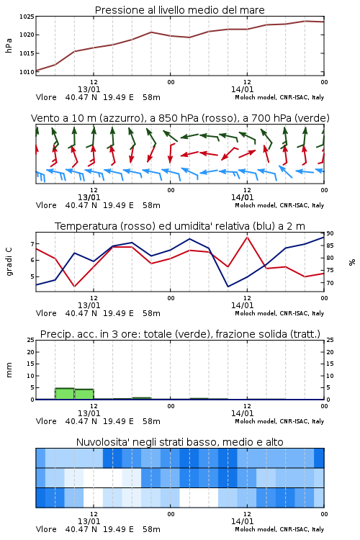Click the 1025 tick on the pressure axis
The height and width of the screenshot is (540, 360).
(x=27, y=16)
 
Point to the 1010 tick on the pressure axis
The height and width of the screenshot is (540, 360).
(x=27, y=72)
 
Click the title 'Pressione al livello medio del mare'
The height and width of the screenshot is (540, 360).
(x=180, y=10)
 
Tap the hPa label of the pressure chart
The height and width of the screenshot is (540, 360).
(x=9, y=45)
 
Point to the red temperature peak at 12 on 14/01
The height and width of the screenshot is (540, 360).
(x=247, y=237)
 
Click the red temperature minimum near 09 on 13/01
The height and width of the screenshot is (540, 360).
(x=74, y=286)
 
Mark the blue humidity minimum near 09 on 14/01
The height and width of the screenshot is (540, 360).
(x=228, y=286)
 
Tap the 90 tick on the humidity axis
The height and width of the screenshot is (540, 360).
(x=330, y=233)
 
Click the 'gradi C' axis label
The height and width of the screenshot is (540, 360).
(x=9, y=261)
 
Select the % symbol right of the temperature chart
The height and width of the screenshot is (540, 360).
(x=352, y=262)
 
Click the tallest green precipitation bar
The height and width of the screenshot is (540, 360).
(x=65, y=394)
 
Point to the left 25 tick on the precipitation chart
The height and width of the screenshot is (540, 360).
(x=31, y=340)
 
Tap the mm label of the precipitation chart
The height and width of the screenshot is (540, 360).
(x=9, y=370)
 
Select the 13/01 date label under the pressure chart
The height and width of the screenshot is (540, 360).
(x=89, y=89)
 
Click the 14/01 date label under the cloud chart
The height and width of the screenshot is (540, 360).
(x=242, y=521)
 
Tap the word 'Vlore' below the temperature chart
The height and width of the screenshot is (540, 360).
(x=46, y=313)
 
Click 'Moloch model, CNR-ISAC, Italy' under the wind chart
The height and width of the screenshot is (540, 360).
(x=279, y=205)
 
